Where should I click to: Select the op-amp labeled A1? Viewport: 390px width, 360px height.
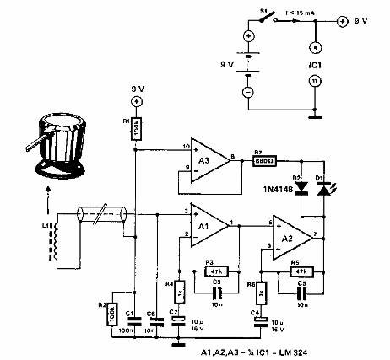pos(205,223)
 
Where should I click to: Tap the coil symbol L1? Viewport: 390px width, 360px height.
pos(60,244)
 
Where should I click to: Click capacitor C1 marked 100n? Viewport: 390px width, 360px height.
pos(135,322)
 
